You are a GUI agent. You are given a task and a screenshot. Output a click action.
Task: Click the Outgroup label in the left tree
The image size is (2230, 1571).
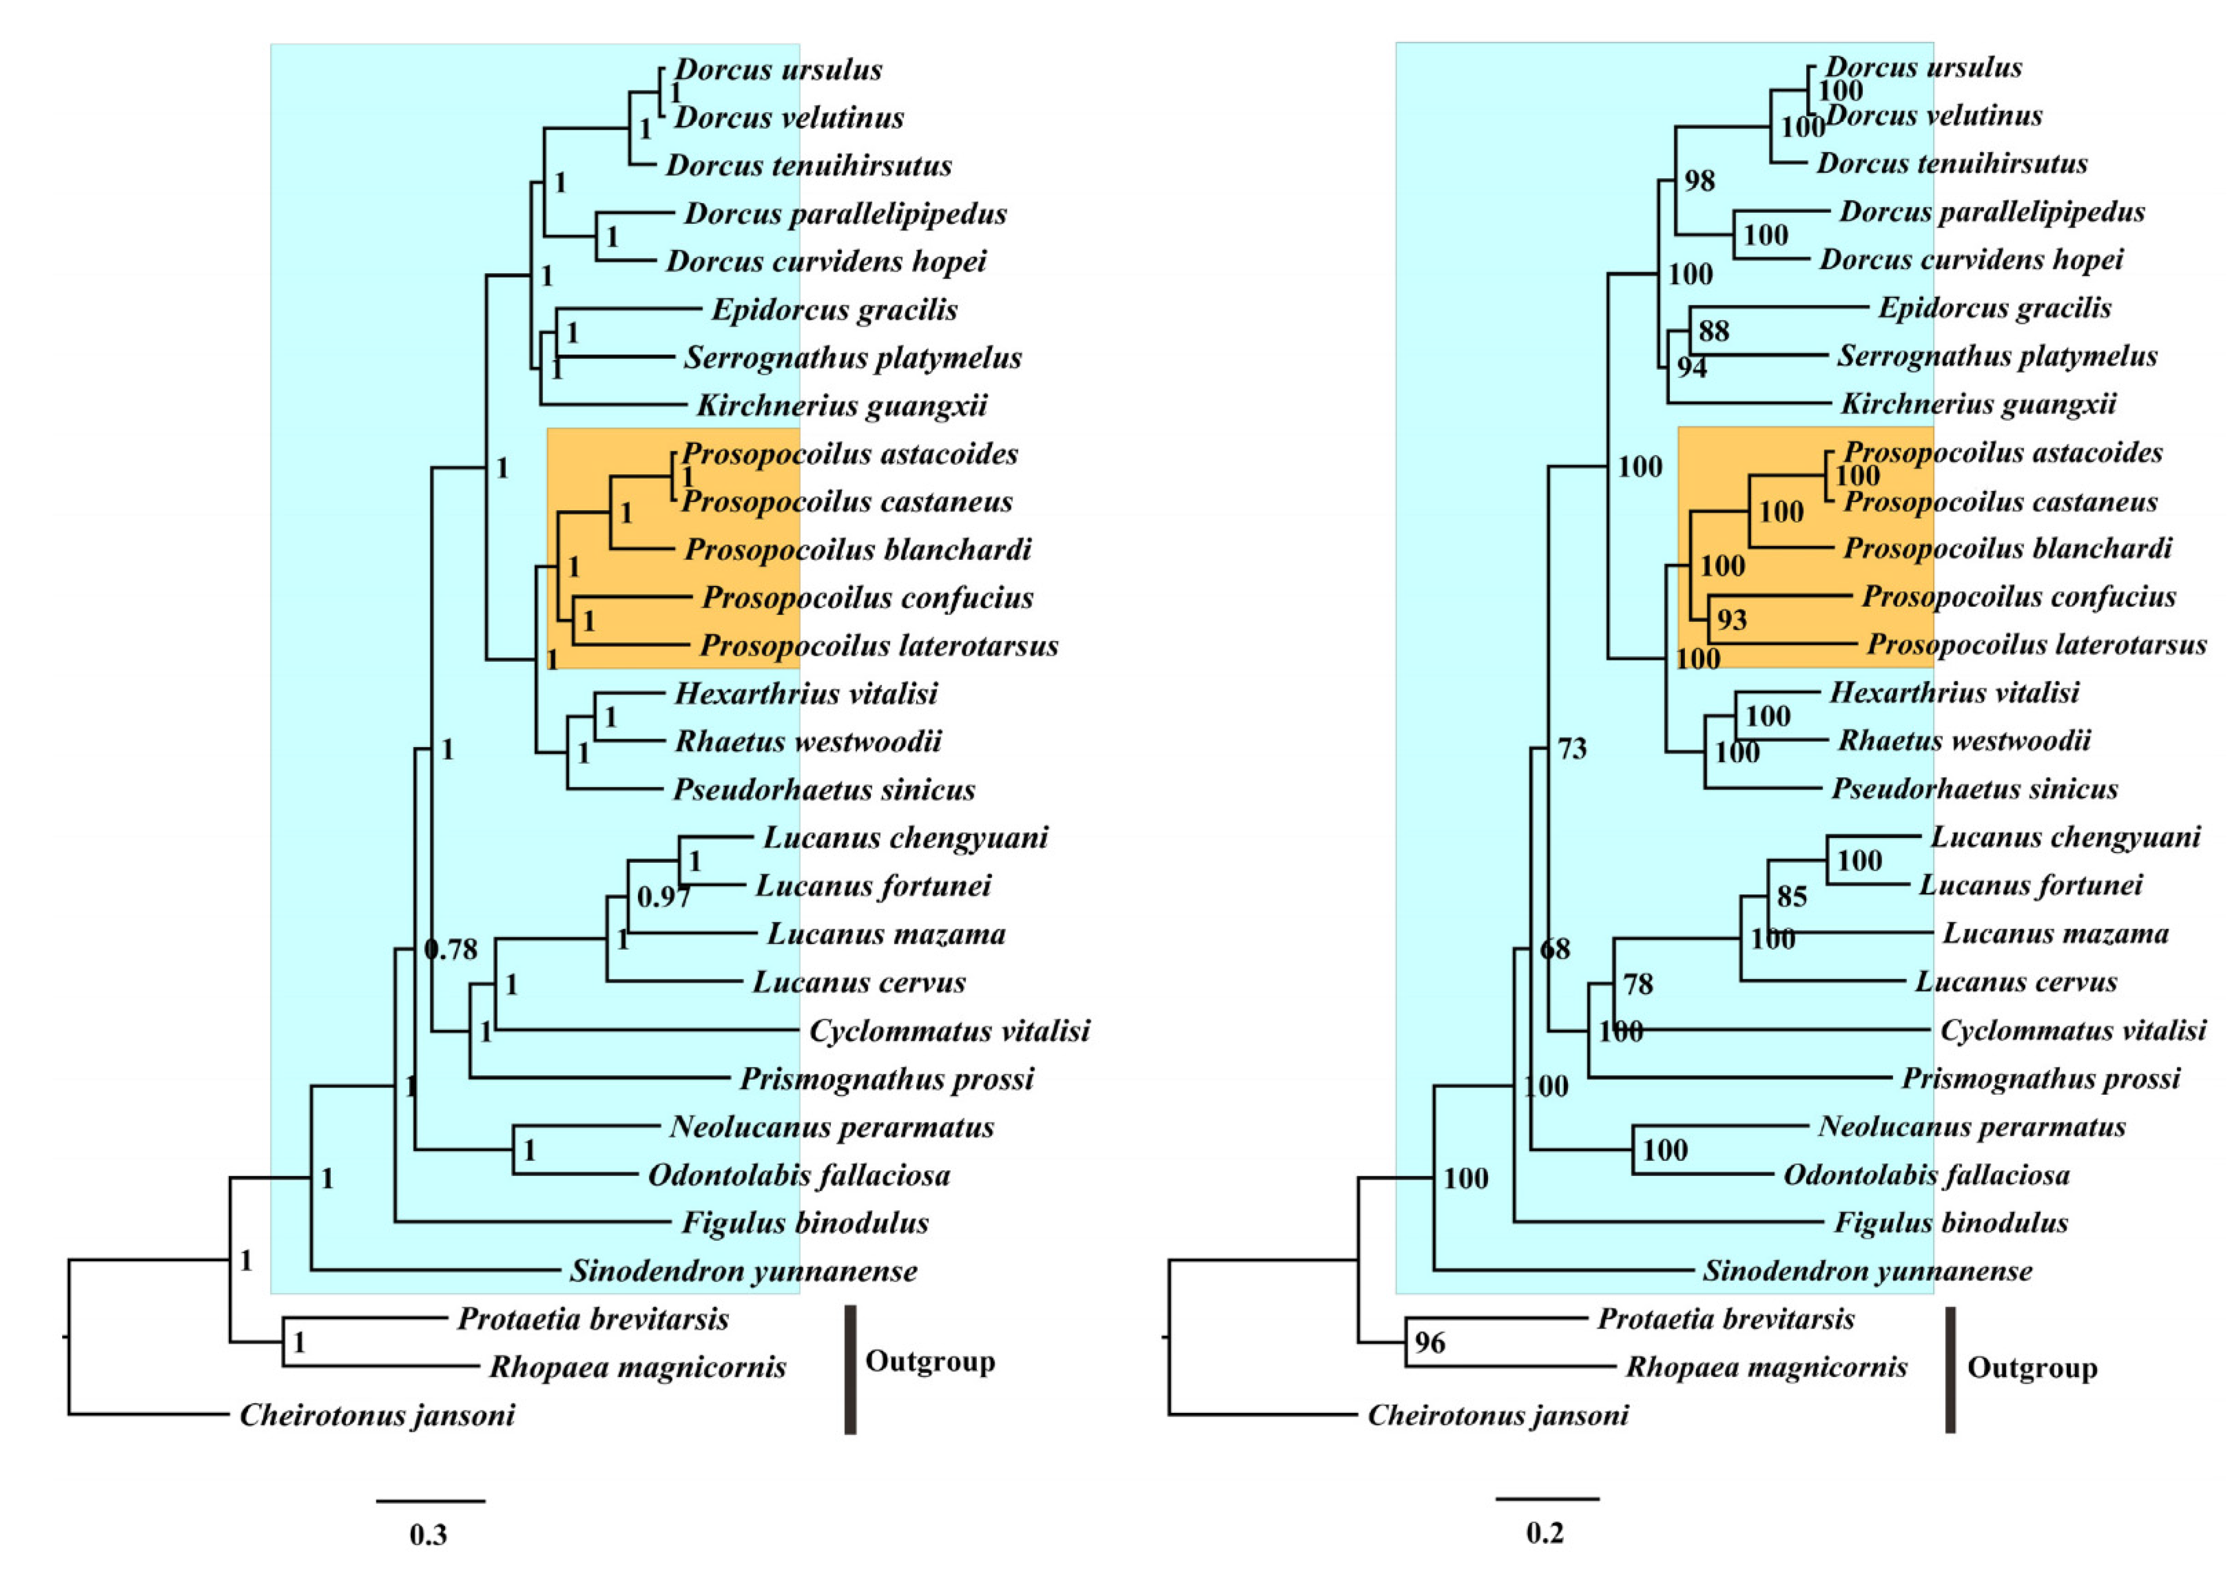tap(929, 1361)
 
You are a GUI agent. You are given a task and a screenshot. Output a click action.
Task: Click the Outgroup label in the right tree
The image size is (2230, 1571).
tap(2032, 1368)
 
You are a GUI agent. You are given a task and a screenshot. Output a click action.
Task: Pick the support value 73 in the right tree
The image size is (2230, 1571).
tap(1571, 748)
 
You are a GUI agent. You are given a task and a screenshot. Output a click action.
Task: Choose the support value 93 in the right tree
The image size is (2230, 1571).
tap(1732, 620)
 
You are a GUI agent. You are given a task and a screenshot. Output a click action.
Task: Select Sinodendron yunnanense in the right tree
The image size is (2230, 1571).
tap(1867, 1271)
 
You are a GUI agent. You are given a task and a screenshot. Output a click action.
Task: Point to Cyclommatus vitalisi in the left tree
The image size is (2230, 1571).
tap(949, 1031)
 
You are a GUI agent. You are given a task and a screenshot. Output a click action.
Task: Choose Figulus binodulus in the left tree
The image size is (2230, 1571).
tap(805, 1223)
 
